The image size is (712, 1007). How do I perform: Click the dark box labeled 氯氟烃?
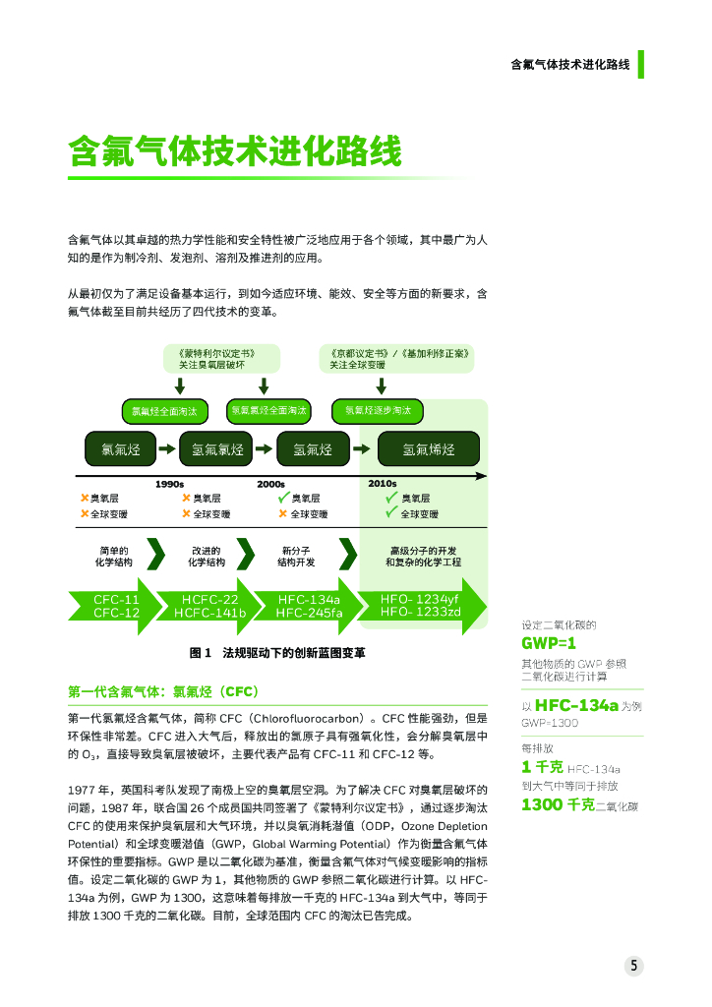pyautogui.click(x=121, y=449)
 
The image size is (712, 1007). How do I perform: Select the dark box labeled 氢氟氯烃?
pyautogui.click(x=217, y=449)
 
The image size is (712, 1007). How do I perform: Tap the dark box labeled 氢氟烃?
pyautogui.click(x=312, y=449)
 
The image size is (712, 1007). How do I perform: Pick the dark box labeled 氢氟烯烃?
pyautogui.click(x=429, y=449)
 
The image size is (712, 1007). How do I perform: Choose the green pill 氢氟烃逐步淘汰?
pyautogui.click(x=378, y=410)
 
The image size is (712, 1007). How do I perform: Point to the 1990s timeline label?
pyautogui.click(x=170, y=483)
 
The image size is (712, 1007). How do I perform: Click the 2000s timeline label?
pyautogui.click(x=270, y=483)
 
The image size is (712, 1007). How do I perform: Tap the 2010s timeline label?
pyautogui.click(x=382, y=483)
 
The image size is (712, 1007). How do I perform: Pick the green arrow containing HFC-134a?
pyautogui.click(x=308, y=606)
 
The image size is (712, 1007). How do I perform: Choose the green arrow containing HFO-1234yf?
pyautogui.click(x=421, y=606)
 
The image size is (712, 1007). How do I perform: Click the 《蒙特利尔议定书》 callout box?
pyautogui.click(x=221, y=358)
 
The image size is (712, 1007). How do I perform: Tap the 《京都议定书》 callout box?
pyautogui.click(x=397, y=358)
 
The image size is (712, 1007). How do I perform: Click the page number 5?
pyautogui.click(x=635, y=966)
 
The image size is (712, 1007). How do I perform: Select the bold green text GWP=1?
pyautogui.click(x=548, y=644)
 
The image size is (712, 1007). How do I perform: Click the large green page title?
pyautogui.click(x=234, y=153)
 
